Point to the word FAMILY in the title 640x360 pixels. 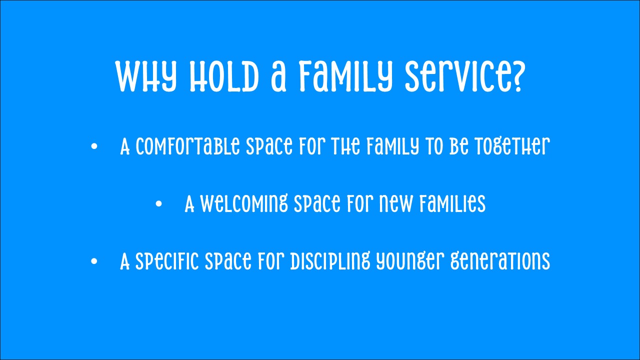click(x=345, y=76)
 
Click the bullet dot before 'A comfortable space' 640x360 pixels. click(x=94, y=146)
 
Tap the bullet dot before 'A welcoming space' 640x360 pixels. click(x=159, y=203)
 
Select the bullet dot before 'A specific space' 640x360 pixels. click(x=94, y=261)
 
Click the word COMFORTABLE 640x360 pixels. click(x=187, y=146)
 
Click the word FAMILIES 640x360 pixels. click(x=453, y=203)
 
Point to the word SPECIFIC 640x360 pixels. click(x=166, y=261)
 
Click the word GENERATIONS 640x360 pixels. click(x=500, y=261)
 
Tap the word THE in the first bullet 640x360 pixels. click(x=345, y=146)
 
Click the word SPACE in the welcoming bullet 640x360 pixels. click(x=317, y=203)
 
